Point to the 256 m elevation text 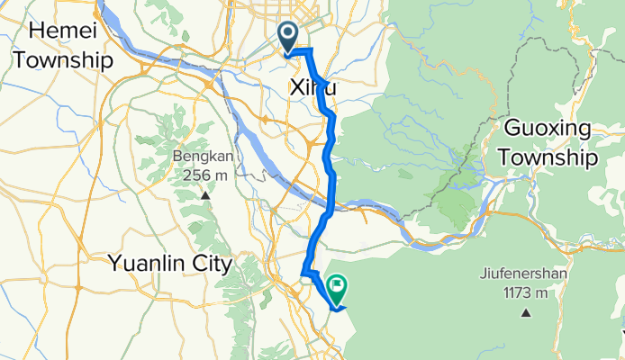204,174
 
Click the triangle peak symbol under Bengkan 205,195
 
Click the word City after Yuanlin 210,265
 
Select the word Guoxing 550,128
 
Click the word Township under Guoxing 550,158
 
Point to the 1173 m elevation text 524,293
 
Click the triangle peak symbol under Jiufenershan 525,314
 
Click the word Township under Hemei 58,61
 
